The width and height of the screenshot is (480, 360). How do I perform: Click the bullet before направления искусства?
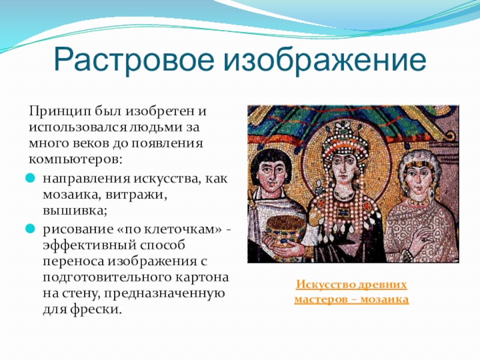pos(30,178)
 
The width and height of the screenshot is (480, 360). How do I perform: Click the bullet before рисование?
pos(30,229)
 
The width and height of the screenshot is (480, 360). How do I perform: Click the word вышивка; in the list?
pos(75,211)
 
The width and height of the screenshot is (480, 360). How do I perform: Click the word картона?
pos(202,277)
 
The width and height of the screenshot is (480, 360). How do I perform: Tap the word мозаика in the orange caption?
pos(385,299)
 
